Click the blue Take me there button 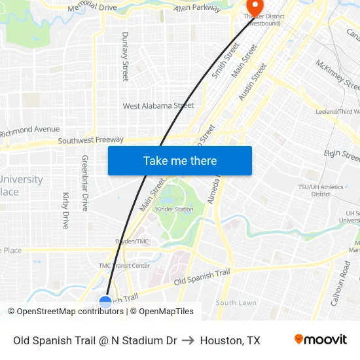[x=180, y=161]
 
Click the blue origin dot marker [x=105, y=302]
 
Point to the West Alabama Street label [x=158, y=105]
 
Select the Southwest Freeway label [x=90, y=140]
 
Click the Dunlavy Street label [x=124, y=56]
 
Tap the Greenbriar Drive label [x=84, y=183]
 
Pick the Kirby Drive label [x=65, y=209]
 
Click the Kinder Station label [x=175, y=209]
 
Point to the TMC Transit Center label [x=124, y=265]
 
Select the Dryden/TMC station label [x=133, y=242]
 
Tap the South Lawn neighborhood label [x=236, y=303]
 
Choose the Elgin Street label [x=341, y=156]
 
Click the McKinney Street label [x=337, y=75]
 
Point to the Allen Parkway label [x=198, y=8]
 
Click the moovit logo [x=320, y=340]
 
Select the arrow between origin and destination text [x=189, y=340]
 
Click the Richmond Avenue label [x=30, y=130]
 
